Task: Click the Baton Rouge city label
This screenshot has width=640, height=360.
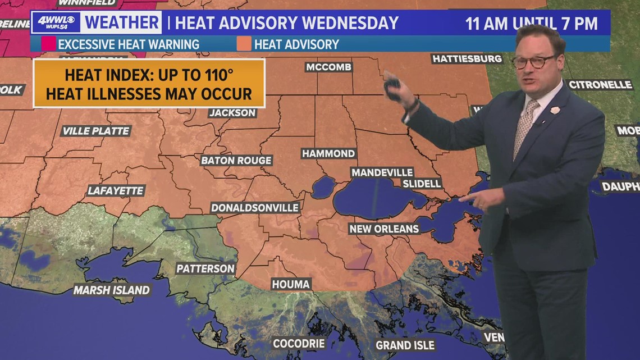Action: [236, 161]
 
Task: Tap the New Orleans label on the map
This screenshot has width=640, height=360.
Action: [384, 229]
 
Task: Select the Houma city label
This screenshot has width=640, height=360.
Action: [291, 284]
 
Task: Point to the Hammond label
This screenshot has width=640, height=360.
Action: [328, 153]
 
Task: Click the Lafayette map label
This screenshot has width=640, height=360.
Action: [116, 191]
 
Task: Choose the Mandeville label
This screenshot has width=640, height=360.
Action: [382, 172]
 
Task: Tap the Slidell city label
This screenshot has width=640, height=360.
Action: [422, 184]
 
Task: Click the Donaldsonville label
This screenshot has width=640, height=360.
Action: [255, 208]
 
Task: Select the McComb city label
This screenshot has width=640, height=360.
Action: [328, 67]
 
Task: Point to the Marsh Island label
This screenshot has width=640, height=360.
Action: [112, 290]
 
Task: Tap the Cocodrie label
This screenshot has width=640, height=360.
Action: [299, 343]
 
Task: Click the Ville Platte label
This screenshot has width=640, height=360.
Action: [96, 131]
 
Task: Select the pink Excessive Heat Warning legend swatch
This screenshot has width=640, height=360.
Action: [48, 44]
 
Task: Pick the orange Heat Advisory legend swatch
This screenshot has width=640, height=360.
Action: [244, 44]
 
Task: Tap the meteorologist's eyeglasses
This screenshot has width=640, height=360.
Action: [534, 61]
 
